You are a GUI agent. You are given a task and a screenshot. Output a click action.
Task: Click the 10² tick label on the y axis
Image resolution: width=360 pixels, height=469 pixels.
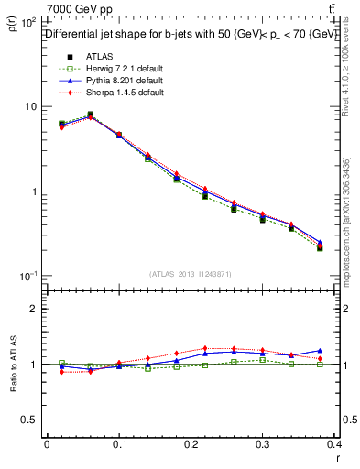click(x=27, y=21)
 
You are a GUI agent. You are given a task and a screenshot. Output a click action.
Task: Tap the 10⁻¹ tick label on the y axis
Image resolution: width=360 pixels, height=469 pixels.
click(x=27, y=276)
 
